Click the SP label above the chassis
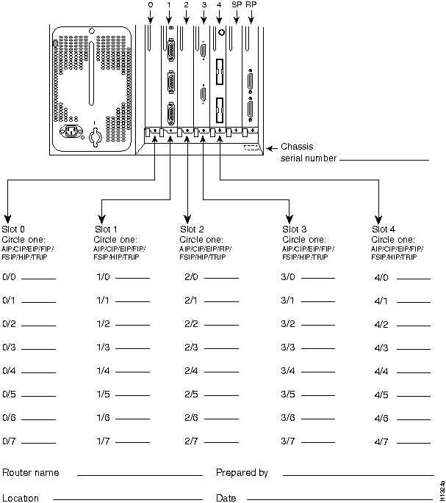tap(236, 4)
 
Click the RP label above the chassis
tap(252, 4)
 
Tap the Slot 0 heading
tap(14, 230)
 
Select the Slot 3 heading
tap(295, 230)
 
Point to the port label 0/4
tap(10, 370)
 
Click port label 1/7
tap(103, 441)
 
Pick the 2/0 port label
tap(190, 276)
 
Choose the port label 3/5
tap(288, 394)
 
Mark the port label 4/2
tap(381, 324)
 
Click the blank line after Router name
tap(140, 474)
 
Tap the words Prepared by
tap(242, 473)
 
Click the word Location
tap(21, 499)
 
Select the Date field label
tap(226, 499)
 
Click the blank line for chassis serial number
tap(384, 159)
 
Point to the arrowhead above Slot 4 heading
tap(378, 219)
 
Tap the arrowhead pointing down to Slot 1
tap(103, 218)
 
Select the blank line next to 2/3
tap(221, 349)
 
